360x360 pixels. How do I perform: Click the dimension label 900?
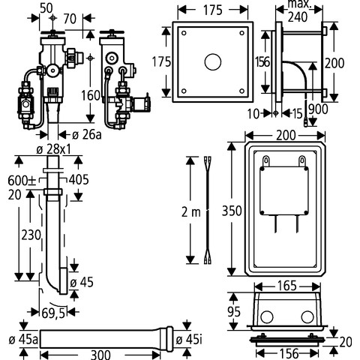pos(318,109)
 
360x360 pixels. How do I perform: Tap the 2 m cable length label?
pos(191,212)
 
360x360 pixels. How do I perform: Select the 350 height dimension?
pos(232,211)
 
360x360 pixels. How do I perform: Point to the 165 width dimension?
pos(287,286)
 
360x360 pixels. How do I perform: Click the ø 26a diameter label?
pos(87,135)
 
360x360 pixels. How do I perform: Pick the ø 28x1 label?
pos(53,149)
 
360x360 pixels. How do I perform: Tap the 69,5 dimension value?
pos(53,313)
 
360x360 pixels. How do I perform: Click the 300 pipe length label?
pos(100,355)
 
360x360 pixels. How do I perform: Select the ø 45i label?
pos(189,340)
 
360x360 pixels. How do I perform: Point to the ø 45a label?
pos(23,340)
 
